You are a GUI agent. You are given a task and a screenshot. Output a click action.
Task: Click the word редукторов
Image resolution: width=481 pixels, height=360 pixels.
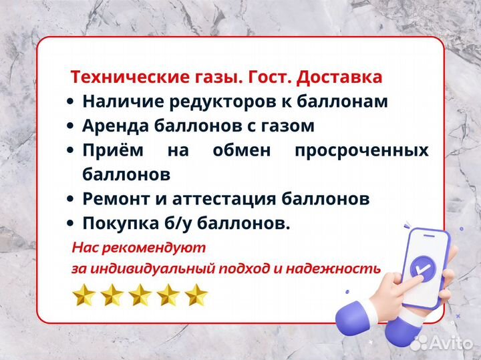click(x=215, y=102)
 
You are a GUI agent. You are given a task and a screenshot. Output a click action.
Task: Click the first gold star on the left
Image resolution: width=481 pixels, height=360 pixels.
click(x=84, y=295)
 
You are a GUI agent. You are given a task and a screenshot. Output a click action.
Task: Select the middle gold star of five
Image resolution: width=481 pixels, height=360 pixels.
click(x=140, y=295)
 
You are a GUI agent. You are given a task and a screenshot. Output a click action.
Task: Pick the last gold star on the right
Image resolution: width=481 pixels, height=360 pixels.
click(x=196, y=295)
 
